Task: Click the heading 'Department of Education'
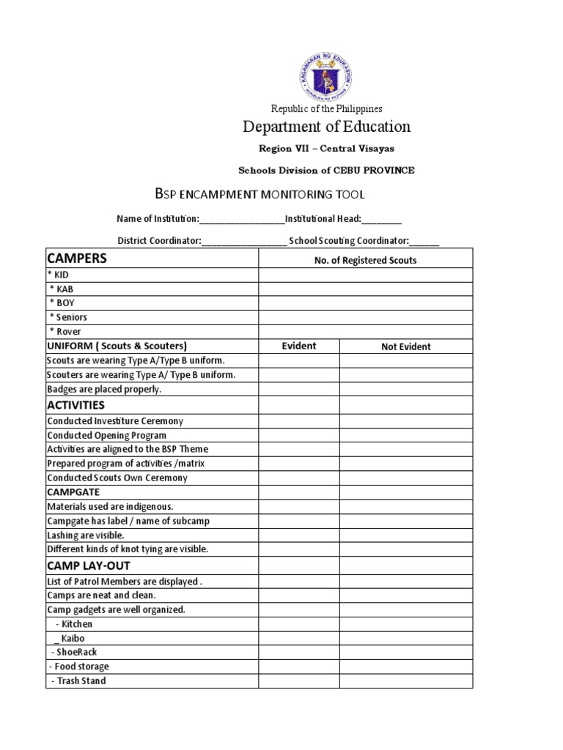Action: tap(326, 127)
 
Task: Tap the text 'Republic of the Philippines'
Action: tap(326, 108)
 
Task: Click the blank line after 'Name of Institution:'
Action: tap(242, 219)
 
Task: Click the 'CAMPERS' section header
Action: tap(77, 258)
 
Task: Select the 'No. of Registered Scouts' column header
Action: tap(365, 260)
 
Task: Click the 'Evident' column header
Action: tap(299, 346)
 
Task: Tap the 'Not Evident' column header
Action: tap(405, 346)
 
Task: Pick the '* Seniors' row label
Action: tap(68, 317)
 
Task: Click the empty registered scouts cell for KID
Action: tap(365, 275)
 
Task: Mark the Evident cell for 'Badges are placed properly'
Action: tap(299, 389)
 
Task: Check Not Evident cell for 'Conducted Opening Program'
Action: tap(405, 435)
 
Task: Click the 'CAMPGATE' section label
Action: tap(73, 492)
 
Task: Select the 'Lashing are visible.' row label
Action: tap(86, 535)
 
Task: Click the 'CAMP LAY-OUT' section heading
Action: tap(89, 565)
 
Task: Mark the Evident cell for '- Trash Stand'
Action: tap(299, 680)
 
